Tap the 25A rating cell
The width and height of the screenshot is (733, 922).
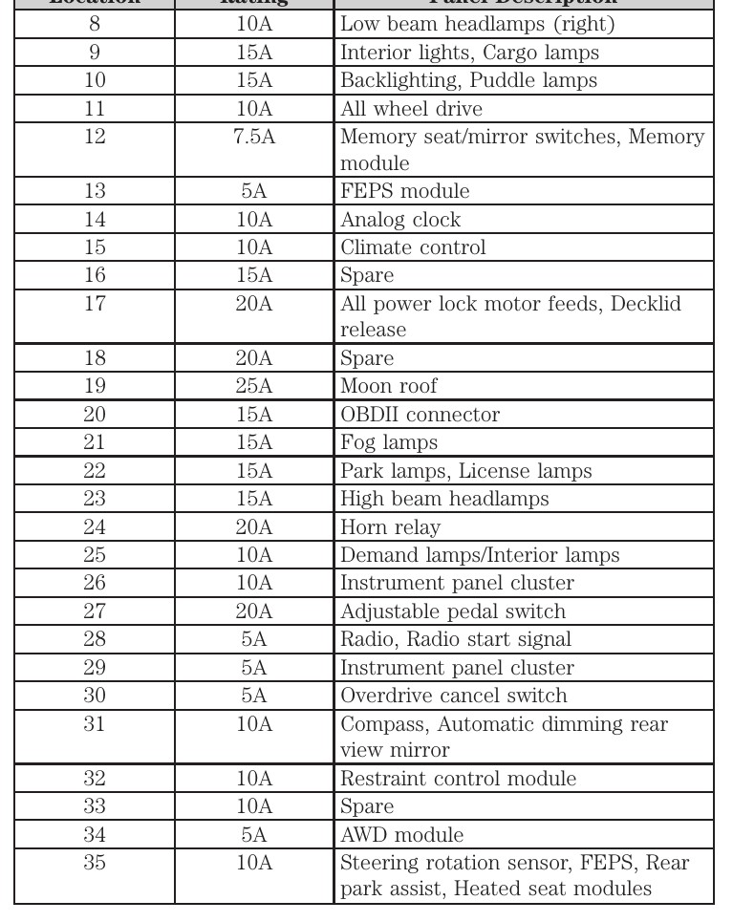click(254, 387)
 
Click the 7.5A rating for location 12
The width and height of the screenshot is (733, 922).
click(254, 137)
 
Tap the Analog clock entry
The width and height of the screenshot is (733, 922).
click(400, 220)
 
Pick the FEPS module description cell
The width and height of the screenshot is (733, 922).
click(405, 191)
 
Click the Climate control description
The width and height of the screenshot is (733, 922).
click(413, 247)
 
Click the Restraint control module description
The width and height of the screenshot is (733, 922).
click(459, 780)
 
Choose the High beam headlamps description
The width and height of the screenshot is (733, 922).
click(444, 500)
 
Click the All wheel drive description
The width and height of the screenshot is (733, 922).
click(411, 109)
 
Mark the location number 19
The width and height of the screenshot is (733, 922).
click(95, 387)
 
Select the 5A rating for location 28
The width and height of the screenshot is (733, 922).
click(254, 639)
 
